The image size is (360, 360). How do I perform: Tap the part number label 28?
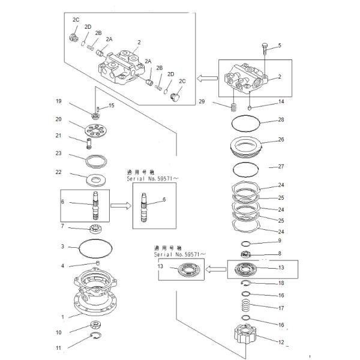click(x=280, y=121)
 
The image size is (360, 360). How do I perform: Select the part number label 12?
click(x=280, y=343)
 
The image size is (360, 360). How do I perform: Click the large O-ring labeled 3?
click(x=96, y=246)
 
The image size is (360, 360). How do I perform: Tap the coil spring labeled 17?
click(x=245, y=309)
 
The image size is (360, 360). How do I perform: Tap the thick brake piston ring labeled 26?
click(x=247, y=146)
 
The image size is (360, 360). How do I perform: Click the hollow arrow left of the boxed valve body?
click(x=208, y=77)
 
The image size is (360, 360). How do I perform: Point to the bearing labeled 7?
click(x=96, y=228)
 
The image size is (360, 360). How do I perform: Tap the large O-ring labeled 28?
click(x=247, y=124)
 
